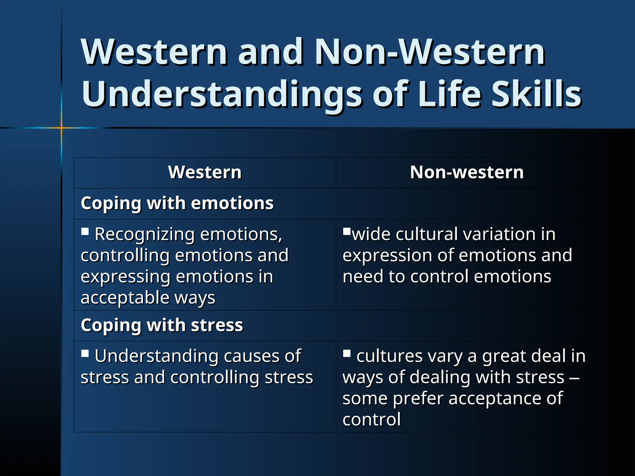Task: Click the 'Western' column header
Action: pyautogui.click(x=205, y=172)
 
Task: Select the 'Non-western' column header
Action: pyautogui.click(x=467, y=172)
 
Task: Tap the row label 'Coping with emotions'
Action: pyautogui.click(x=177, y=203)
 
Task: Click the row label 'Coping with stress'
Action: pyautogui.click(x=162, y=325)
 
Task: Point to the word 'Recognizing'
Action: pyautogui.click(x=145, y=234)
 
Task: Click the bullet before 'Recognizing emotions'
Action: pyautogui.click(x=85, y=231)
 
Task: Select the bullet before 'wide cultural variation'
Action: pyautogui.click(x=347, y=231)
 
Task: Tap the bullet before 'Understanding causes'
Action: pyautogui.click(x=85, y=353)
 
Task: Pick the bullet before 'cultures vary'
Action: pyautogui.click(x=347, y=353)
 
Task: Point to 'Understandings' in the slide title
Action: pyautogui.click(x=221, y=94)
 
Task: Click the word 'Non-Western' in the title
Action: pyautogui.click(x=429, y=52)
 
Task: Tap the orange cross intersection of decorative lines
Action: pyautogui.click(x=61, y=128)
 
